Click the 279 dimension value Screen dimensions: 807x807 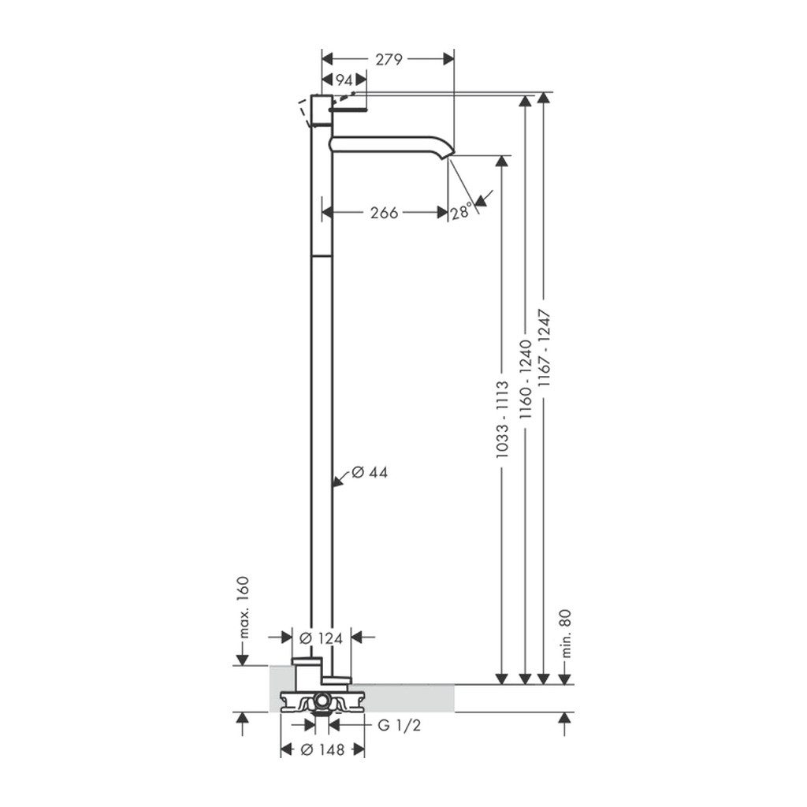pyautogui.click(x=389, y=60)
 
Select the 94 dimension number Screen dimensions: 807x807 pyautogui.click(x=344, y=80)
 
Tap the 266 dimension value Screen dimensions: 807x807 pyautogui.click(x=384, y=212)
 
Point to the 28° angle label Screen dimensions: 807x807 pyautogui.click(x=462, y=211)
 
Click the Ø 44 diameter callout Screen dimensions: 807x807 pyautogui.click(x=370, y=472)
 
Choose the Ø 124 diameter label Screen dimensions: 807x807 pyautogui.click(x=321, y=638)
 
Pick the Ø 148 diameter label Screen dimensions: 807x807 pyautogui.click(x=322, y=750)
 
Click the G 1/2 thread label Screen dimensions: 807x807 pyautogui.click(x=400, y=725)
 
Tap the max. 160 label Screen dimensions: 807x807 pyautogui.click(x=244, y=608)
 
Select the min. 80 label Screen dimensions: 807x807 pyautogui.click(x=566, y=634)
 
